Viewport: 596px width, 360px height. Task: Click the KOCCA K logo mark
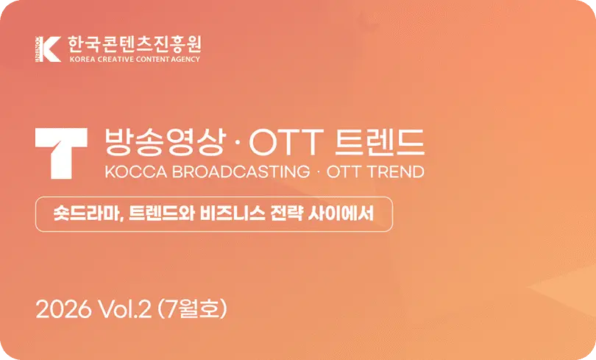[x=48, y=49]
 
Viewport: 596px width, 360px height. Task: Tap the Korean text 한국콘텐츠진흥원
[x=135, y=44]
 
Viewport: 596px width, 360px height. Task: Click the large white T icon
[x=61, y=154]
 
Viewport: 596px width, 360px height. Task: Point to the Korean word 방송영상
[x=166, y=142]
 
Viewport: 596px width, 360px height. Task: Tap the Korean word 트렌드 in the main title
[x=380, y=142]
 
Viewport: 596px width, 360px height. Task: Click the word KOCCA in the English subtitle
[x=135, y=172]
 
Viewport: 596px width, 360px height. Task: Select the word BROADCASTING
[x=241, y=172]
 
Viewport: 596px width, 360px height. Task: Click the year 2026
[x=63, y=309]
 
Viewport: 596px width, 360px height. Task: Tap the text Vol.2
[x=125, y=309]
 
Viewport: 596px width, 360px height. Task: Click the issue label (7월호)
[x=192, y=308]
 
